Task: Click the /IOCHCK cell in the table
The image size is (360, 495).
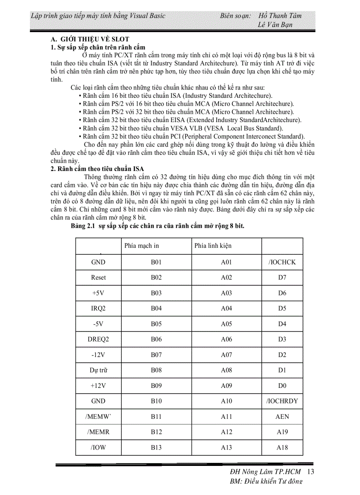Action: point(282,262)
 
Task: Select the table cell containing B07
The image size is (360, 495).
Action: point(156,355)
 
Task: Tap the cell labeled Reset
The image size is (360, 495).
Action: point(98,278)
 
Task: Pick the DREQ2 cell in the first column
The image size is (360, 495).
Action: point(98,339)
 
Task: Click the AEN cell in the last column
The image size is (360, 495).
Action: point(282,417)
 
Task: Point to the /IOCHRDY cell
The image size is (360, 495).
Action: point(282,401)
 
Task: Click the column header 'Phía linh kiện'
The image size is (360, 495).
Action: point(213,246)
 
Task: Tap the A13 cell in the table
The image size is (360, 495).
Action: point(226,447)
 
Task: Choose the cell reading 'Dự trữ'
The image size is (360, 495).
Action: point(98,370)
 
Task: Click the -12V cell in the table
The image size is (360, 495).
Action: point(98,355)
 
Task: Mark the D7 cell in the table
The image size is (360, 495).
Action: point(282,278)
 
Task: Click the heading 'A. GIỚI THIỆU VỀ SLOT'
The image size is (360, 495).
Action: point(90,40)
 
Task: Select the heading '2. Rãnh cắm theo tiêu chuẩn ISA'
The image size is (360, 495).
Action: point(97,169)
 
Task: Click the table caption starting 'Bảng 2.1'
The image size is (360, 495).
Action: point(157,226)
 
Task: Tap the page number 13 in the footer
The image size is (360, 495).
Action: point(310,472)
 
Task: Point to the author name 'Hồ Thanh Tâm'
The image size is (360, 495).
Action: point(280,16)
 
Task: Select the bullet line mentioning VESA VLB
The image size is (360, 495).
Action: point(176,128)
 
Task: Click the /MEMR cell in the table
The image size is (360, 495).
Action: point(98,432)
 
